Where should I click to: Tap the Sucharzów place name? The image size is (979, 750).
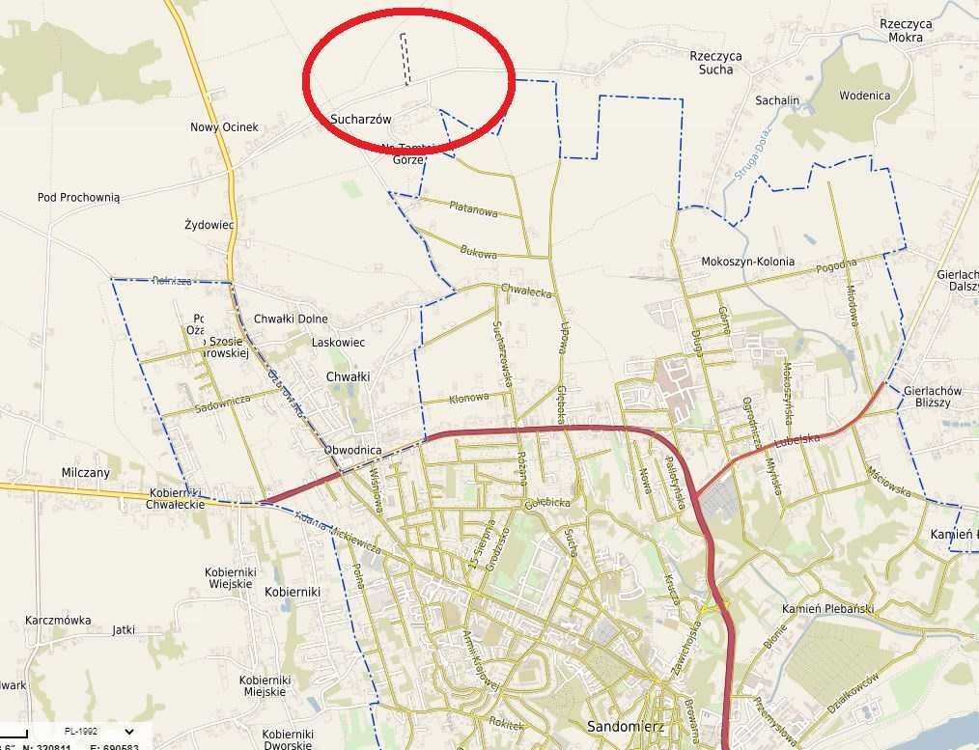360,119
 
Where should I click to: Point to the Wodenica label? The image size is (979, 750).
864,96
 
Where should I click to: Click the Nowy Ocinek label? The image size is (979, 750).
224,127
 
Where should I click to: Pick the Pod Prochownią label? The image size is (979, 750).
79,197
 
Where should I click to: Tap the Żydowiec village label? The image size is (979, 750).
210,225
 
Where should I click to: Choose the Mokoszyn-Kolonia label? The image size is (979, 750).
747,262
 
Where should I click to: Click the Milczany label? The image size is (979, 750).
86,473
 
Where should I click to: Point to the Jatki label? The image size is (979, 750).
124,629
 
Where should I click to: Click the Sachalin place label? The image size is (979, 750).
777,100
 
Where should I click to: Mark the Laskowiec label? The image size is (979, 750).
338,342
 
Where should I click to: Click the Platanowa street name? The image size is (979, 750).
473,208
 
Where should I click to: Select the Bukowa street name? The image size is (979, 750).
479,253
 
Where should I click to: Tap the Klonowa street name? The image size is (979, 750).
469,398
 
